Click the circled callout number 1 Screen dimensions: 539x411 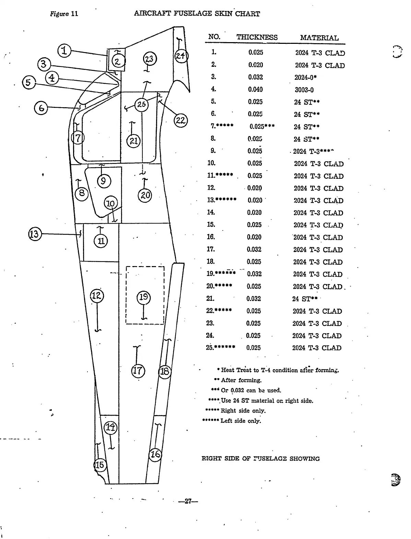(x=64, y=51)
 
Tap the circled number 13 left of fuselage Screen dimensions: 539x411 (x=35, y=234)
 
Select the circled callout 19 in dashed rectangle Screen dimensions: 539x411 (x=144, y=297)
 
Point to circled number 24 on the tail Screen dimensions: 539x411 (x=181, y=55)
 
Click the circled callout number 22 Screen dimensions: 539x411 (x=180, y=120)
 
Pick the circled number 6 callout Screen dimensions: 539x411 (x=41, y=108)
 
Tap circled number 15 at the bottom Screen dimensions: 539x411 (x=100, y=465)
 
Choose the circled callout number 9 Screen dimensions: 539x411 (x=104, y=181)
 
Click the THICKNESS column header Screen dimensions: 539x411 (x=257, y=37)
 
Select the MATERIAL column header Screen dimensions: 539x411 (x=319, y=38)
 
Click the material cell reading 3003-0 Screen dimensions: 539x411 (x=304, y=90)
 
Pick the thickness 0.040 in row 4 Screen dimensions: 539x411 (x=255, y=90)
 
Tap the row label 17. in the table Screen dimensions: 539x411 (x=211, y=249)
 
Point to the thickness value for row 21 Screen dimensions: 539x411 (x=254, y=299)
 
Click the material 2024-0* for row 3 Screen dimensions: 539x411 (x=305, y=77)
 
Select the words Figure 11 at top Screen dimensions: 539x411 (x=64, y=14)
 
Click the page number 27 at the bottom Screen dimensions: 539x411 (x=188, y=502)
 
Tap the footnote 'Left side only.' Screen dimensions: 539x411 (x=240, y=421)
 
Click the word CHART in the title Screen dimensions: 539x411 (x=247, y=14)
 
